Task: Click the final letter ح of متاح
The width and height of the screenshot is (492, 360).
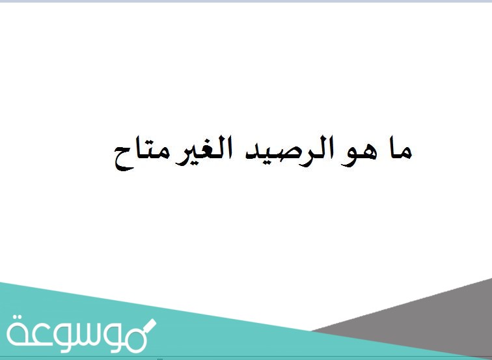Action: click(118, 160)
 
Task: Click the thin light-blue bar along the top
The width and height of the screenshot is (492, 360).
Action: click(246, 1)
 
